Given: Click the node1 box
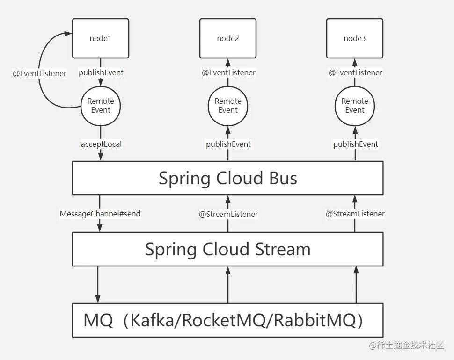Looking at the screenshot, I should pos(101,38).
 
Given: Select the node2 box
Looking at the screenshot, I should pos(228,38).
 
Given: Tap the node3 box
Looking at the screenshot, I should pos(355,38).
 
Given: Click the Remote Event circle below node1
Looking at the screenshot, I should pos(101,106).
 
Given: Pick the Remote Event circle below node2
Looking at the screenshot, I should pos(228,106).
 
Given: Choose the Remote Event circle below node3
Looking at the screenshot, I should pos(355,106).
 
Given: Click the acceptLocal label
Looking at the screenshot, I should pos(101,144).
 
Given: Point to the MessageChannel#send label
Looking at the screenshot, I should pos(100,214).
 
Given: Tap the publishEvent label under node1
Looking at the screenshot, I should pos(101,72).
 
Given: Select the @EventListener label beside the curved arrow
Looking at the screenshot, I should pos(39,73).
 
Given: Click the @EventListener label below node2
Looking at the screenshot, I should pos(228,72).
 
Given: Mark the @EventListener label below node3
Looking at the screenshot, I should pos(355,72).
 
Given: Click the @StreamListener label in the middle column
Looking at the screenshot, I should pos(228,214).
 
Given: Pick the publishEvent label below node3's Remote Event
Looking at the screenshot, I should pos(356,144).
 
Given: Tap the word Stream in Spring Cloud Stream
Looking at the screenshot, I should pos(283,249).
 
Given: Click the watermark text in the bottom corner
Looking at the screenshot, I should pos(406,346).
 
